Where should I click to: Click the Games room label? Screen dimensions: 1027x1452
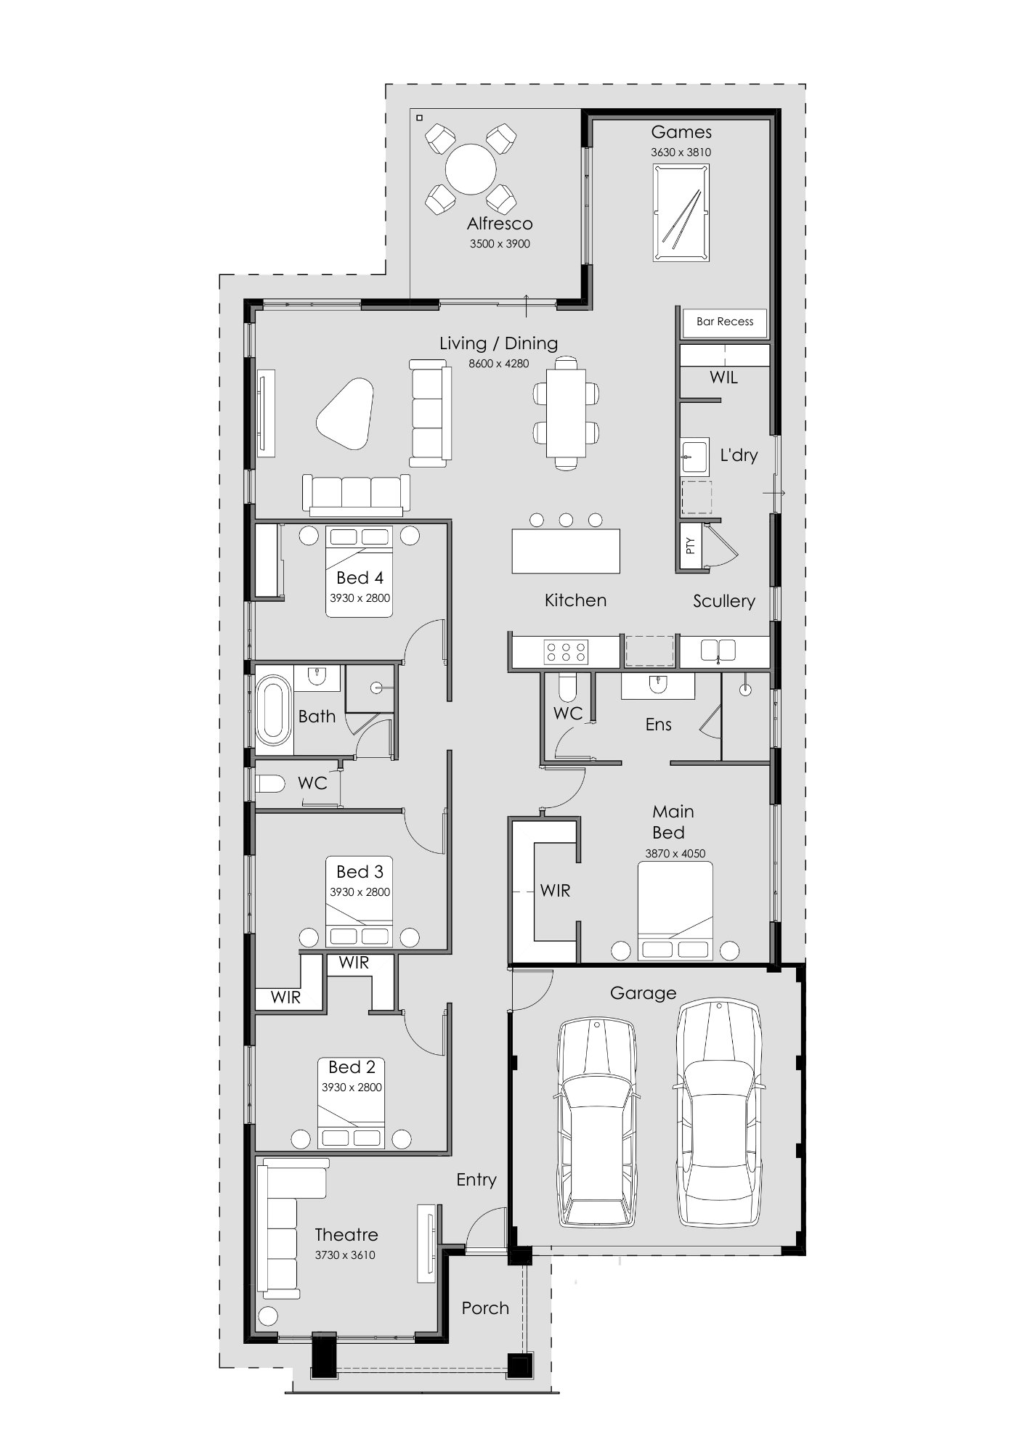(x=681, y=132)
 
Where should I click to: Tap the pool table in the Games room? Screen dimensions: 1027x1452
(x=681, y=212)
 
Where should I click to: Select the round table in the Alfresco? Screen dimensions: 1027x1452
(x=471, y=169)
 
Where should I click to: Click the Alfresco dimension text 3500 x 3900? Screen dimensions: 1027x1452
(x=500, y=244)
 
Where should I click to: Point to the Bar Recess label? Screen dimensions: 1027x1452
(x=725, y=322)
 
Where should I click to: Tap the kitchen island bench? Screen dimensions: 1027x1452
(x=566, y=551)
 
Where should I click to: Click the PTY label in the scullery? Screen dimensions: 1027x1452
(x=690, y=546)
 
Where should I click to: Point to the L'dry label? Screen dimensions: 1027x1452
(x=739, y=455)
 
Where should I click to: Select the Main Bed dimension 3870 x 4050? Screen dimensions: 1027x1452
(x=675, y=854)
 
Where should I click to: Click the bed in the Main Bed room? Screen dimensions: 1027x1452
(x=675, y=911)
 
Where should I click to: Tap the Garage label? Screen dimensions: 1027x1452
(x=643, y=993)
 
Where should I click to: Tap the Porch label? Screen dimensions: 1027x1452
(x=485, y=1308)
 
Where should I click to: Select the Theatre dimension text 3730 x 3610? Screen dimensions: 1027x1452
(x=345, y=1255)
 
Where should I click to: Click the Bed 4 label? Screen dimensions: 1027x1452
(x=360, y=578)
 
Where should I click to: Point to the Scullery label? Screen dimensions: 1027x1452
(x=723, y=601)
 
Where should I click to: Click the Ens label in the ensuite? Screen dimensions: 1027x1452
(x=658, y=725)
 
